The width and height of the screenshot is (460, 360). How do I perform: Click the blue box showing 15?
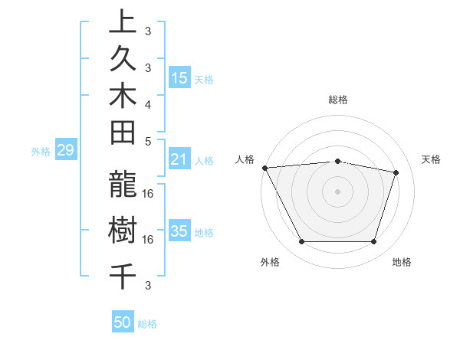179,77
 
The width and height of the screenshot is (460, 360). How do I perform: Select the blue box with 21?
179,159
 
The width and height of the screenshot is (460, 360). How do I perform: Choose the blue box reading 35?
179,231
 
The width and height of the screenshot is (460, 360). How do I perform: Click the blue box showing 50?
123,322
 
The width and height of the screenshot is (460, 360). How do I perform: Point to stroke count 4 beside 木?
148,103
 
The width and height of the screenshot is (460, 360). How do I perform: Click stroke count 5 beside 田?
148,141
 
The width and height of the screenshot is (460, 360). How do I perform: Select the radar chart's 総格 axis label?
338,100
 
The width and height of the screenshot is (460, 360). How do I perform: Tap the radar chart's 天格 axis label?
432,159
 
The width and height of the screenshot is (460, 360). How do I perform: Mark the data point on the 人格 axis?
264,168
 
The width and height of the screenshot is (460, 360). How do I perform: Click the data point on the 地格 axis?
374,242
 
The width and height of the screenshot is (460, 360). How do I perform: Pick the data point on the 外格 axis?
301,242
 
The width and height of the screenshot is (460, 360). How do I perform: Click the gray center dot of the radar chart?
338,191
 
